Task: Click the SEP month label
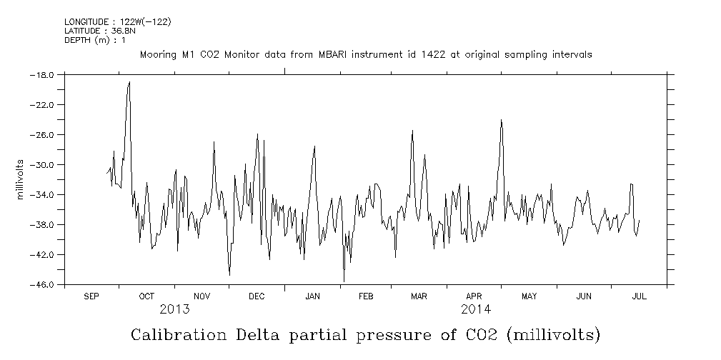91,296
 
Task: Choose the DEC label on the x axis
257,296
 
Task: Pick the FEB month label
365,296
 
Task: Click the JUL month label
639,296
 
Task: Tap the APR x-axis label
474,296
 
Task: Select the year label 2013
174,309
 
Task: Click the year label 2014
475,309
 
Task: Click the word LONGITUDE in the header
86,21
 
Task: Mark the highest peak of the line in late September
129,81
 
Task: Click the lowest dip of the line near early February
344,281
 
